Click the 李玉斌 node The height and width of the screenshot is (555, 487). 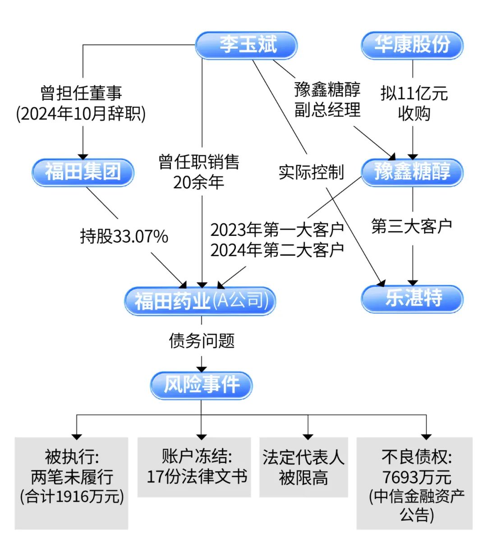click(x=246, y=45)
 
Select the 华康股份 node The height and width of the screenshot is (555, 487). click(x=412, y=45)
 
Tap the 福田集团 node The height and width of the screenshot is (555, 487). click(x=83, y=172)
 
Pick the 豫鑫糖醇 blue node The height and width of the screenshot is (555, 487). click(x=412, y=172)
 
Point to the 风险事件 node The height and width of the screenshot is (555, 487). click(x=201, y=385)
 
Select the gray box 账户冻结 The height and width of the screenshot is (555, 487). click(x=194, y=467)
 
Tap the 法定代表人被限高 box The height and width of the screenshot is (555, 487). click(x=303, y=467)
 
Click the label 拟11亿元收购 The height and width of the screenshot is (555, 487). click(x=413, y=103)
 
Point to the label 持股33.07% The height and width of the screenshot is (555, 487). click(x=124, y=236)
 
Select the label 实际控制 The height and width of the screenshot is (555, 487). click(x=311, y=172)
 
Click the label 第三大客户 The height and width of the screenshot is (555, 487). click(x=412, y=226)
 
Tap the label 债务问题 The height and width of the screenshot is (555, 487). click(x=202, y=340)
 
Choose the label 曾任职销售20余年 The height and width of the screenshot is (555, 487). click(x=199, y=172)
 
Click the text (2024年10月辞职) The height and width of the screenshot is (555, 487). click(x=81, y=114)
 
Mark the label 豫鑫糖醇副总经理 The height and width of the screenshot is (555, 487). click(x=327, y=99)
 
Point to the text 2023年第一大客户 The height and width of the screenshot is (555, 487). click(x=277, y=230)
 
